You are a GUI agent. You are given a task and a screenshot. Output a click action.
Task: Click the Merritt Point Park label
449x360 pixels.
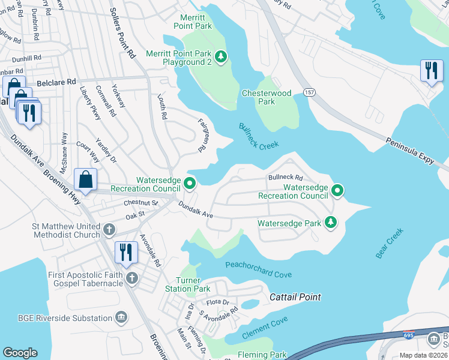pyautogui.click(x=193, y=22)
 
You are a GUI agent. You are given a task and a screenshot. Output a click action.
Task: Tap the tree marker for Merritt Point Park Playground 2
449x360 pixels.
pyautogui.click(x=221, y=57)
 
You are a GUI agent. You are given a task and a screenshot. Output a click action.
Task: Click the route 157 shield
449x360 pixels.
pyautogui.click(x=310, y=93)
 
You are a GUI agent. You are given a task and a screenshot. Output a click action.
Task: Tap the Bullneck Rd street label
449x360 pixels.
pyautogui.click(x=286, y=178)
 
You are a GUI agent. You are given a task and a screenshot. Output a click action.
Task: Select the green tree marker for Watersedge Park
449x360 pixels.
pyautogui.click(x=330, y=223)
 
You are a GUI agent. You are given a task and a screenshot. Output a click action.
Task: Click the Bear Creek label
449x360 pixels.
pyautogui.click(x=390, y=243)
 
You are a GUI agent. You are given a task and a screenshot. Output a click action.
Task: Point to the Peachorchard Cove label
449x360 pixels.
pyautogui.click(x=258, y=269)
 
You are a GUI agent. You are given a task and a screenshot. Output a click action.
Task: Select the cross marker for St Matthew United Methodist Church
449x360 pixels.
pyautogui.click(x=109, y=229)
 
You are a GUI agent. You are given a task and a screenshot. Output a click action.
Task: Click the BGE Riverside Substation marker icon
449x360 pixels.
pyautogui.click(x=121, y=316)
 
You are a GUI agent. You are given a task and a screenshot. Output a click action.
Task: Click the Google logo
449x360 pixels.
pyautogui.click(x=20, y=352)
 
